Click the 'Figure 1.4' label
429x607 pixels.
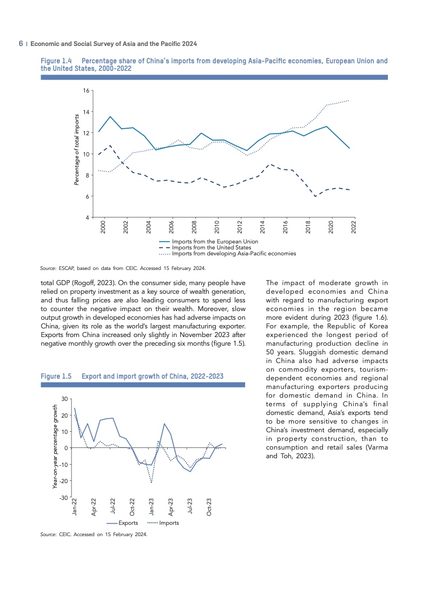click(x=56, y=61)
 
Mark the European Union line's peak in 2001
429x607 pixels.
click(x=110, y=116)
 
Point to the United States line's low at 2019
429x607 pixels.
click(x=315, y=196)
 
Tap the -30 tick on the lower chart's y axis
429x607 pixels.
click(x=63, y=497)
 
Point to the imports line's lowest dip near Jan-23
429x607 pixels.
click(x=151, y=483)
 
